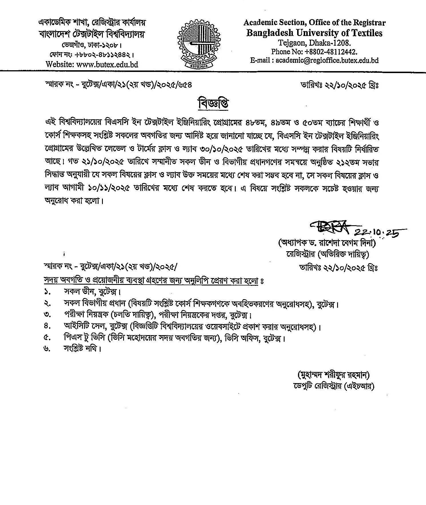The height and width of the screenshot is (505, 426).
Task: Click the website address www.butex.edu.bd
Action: pyautogui.click(x=107, y=65)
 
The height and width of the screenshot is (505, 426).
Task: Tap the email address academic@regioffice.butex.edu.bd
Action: pyautogui.click(x=326, y=61)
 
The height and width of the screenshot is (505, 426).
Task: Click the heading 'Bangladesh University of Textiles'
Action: pyautogui.click(x=314, y=33)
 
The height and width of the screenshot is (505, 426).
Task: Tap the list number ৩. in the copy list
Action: pyautogui.click(x=47, y=315)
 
